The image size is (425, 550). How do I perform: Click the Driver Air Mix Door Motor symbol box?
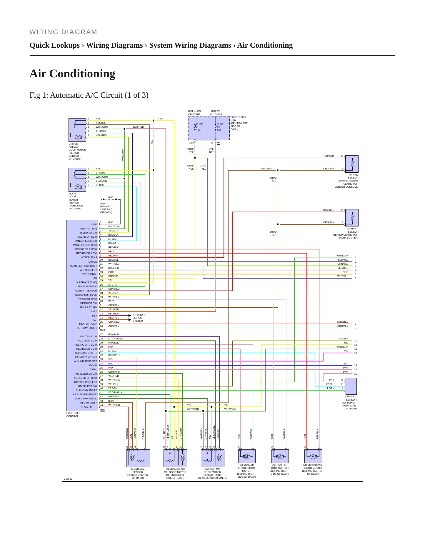click(77, 130)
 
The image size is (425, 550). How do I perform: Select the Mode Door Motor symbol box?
click(77, 180)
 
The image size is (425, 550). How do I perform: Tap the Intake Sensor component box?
click(352, 164)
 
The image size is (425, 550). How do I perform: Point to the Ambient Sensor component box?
click(352, 218)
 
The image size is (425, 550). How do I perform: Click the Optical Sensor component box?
click(351, 386)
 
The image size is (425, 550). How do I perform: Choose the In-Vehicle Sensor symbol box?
click(138, 458)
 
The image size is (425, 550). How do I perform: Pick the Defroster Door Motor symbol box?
click(280, 456)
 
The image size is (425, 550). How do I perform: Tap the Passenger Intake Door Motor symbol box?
click(247, 456)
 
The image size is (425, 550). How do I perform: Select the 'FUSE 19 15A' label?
click(220, 127)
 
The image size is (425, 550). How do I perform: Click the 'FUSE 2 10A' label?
click(199, 127)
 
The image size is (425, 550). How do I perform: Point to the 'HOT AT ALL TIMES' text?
click(216, 113)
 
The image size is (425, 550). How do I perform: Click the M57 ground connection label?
click(103, 204)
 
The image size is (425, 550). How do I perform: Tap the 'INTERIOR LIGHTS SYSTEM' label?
click(139, 318)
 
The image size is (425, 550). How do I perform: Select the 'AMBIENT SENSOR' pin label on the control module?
click(86, 291)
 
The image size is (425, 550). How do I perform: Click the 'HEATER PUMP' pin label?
click(88, 324)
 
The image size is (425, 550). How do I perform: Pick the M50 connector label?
click(102, 410)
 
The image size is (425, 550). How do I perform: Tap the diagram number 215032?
click(68, 479)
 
